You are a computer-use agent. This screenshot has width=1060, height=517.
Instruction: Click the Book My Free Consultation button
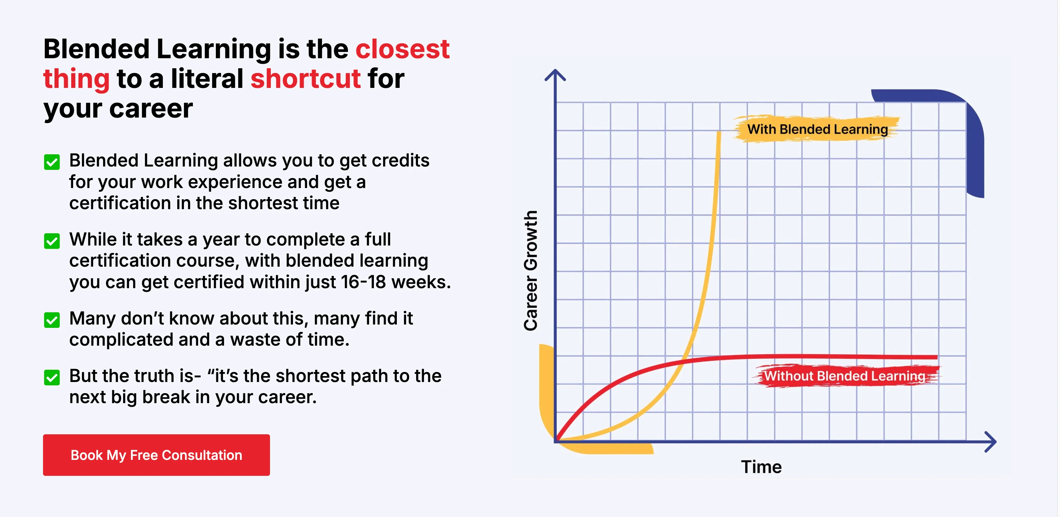tap(157, 455)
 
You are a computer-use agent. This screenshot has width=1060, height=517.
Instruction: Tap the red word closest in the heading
tap(402, 49)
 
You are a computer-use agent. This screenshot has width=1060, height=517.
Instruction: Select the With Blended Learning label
tap(817, 129)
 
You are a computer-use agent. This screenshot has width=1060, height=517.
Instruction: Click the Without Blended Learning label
tap(845, 376)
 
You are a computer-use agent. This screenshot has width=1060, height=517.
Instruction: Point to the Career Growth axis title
tap(531, 270)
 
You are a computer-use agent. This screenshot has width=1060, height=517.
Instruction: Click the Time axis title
tap(761, 467)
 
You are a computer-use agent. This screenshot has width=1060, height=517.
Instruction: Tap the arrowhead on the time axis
tap(991, 442)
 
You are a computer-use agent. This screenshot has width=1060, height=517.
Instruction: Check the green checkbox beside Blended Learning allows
tap(52, 162)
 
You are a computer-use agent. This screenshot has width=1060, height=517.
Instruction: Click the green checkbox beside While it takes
tap(52, 241)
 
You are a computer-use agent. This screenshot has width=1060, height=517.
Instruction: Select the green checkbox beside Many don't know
tap(52, 320)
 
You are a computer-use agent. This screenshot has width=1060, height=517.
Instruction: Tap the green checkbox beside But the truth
tap(52, 378)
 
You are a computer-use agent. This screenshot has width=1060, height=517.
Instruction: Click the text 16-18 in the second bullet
tap(363, 282)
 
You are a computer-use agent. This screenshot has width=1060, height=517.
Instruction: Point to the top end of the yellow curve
tap(719, 132)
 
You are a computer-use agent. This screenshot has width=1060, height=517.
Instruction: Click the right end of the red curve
tap(937, 357)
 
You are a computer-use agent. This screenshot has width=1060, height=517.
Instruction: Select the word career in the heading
tap(151, 109)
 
